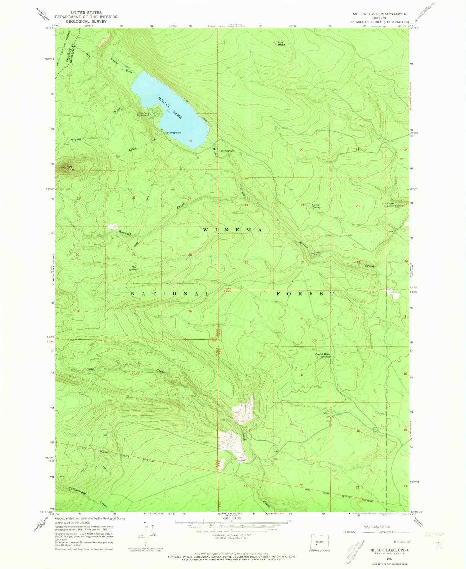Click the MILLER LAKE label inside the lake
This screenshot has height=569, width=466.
(x=170, y=108)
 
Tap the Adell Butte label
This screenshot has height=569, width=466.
(x=282, y=44)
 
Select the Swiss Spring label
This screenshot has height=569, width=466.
(x=316, y=206)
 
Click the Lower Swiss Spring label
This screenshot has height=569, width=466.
(x=395, y=205)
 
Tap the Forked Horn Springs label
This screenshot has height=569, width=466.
(x=322, y=356)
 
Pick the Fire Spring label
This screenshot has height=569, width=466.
(x=132, y=268)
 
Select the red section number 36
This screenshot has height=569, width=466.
(x=190, y=311)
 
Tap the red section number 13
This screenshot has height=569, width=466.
(x=190, y=141)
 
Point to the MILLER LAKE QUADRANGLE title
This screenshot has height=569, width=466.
(x=379, y=14)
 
